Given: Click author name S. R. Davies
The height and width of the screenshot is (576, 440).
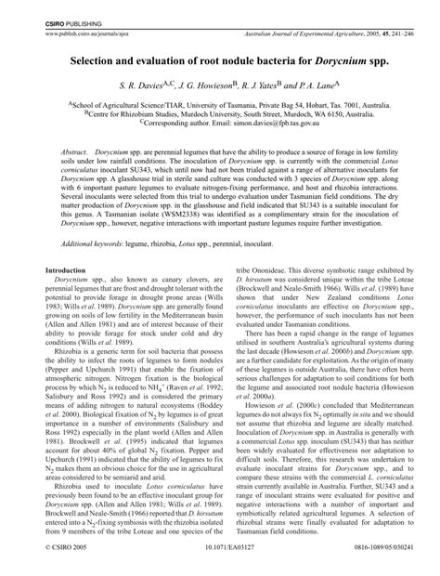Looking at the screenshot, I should click(152, 85).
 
